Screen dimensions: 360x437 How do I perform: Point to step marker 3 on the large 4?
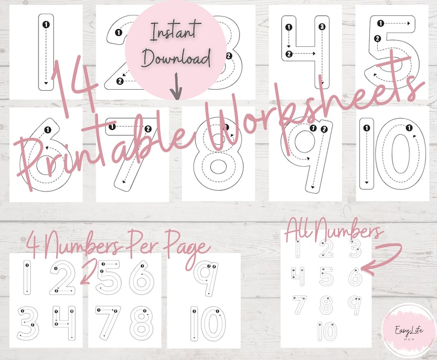click(322, 26)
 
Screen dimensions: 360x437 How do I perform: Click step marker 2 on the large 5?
click(377, 39)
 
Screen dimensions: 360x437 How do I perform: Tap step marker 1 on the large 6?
click(47, 130)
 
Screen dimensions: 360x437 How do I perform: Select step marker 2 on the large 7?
click(148, 128)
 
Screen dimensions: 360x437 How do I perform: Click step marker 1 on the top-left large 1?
click(46, 24)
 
